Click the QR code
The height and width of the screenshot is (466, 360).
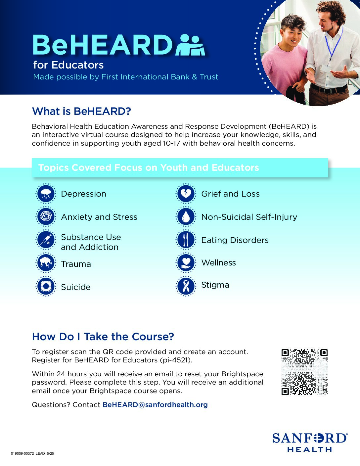[x=304, y=372]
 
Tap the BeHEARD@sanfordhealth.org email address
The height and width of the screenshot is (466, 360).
[x=155, y=405]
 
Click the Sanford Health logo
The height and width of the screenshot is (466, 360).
[x=310, y=442]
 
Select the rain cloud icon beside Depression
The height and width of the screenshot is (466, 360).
[x=46, y=194]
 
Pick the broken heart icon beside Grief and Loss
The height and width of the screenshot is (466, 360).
[x=186, y=194]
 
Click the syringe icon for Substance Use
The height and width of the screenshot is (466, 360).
[x=46, y=240]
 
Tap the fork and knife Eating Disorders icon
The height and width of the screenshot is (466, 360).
[x=186, y=240]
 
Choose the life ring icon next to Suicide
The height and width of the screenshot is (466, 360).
[x=46, y=286]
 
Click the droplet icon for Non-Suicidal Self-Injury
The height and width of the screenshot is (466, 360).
[x=186, y=217]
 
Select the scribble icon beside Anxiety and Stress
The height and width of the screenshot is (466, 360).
[x=46, y=217]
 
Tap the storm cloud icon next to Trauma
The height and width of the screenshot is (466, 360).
[x=46, y=263]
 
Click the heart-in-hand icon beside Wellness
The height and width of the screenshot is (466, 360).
[x=186, y=263]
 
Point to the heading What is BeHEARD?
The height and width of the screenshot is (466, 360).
[x=81, y=112]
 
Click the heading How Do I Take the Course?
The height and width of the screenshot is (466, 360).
[x=103, y=337]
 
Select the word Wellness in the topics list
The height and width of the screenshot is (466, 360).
[x=218, y=263]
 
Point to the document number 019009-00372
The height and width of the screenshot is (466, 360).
[x=22, y=453]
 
